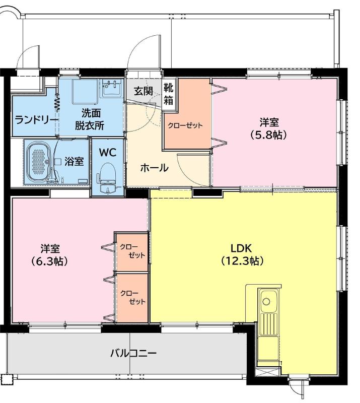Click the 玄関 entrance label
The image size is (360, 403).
click(143, 91)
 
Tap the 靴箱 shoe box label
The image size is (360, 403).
click(169, 94)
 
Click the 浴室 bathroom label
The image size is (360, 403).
click(75, 162)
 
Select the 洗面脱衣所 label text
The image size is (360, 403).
click(89, 119)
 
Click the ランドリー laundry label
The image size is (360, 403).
click(33, 119)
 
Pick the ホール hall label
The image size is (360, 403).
click(154, 168)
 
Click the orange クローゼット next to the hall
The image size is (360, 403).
click(185, 125)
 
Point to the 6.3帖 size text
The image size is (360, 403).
click(50, 261)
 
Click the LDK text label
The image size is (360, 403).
click(244, 248)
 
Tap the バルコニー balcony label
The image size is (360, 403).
click(133, 353)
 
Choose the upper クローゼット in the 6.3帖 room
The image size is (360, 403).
click(132, 251)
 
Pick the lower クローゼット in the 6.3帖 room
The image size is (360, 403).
click(132, 297)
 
